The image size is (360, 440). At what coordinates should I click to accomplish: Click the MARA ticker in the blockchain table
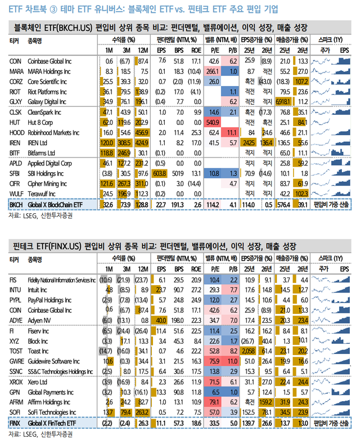tap(15, 71)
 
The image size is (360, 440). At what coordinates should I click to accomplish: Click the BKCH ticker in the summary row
tap(16, 206)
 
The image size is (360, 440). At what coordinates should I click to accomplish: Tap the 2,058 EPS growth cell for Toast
tap(249, 351)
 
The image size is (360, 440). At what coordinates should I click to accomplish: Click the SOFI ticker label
tap(15, 412)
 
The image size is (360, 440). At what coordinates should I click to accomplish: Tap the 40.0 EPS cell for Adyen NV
tap(161, 320)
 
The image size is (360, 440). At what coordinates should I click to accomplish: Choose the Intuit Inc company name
tap(40, 290)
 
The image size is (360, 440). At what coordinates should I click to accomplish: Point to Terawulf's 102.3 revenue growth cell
tap(301, 193)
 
